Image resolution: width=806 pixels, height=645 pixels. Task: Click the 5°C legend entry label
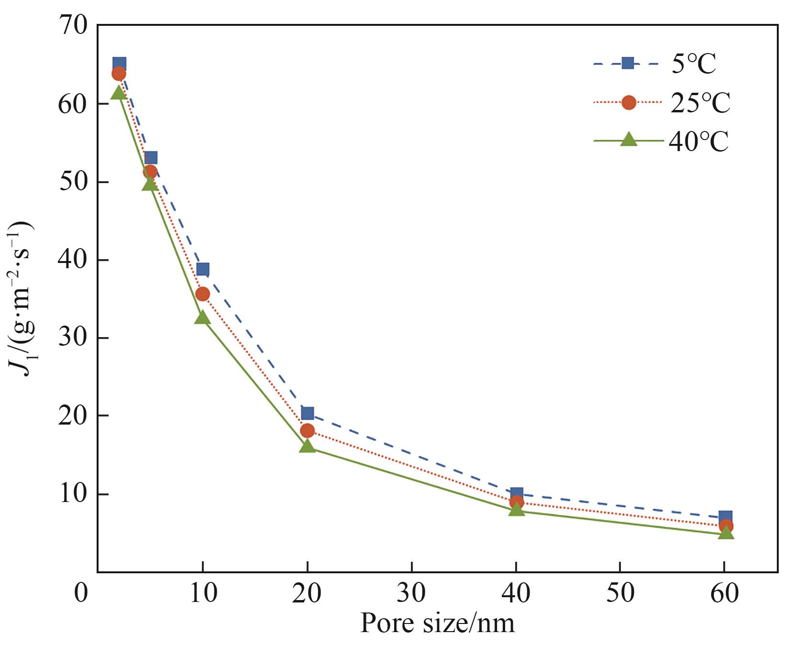tap(694, 64)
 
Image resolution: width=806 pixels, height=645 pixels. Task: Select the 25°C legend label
tap(700, 103)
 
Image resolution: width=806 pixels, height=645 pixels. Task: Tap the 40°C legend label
tap(698, 142)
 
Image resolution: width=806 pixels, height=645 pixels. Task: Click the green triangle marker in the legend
tap(629, 140)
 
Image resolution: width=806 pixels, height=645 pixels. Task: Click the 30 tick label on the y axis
tap(73, 338)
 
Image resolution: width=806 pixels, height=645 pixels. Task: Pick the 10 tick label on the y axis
tap(73, 493)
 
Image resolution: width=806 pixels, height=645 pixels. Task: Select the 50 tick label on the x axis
tap(620, 593)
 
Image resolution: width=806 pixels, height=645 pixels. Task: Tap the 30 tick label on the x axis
tap(411, 593)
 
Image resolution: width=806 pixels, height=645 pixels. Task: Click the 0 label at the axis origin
tap(81, 593)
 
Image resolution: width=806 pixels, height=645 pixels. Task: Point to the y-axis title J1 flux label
tap(21, 298)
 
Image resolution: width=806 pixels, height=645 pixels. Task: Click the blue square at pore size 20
tap(307, 413)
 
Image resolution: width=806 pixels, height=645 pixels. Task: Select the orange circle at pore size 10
tap(202, 294)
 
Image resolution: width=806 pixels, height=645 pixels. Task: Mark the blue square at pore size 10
tap(202, 269)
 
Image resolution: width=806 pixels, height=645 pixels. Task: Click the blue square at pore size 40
tap(516, 494)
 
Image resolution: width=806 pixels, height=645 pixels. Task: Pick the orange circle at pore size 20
tap(307, 430)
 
